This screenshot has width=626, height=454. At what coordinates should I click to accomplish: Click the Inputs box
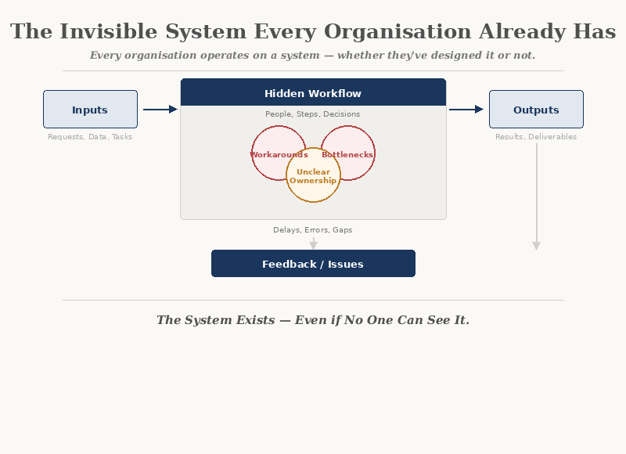tap(90, 110)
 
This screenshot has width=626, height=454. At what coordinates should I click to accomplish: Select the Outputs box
tap(536, 110)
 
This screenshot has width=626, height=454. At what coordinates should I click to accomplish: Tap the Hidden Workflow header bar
tap(313, 93)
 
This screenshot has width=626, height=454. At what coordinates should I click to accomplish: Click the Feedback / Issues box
tap(313, 264)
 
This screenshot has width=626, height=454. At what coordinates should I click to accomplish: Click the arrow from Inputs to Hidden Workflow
tap(160, 110)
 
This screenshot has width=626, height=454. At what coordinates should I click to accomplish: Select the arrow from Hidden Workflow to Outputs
tap(466, 110)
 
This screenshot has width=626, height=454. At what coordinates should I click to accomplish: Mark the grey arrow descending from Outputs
tap(536, 196)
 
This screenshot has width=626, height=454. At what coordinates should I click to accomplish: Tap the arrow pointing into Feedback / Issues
tap(313, 243)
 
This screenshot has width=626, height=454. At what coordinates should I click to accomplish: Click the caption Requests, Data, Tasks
tap(90, 137)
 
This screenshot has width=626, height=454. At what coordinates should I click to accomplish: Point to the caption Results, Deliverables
tap(536, 137)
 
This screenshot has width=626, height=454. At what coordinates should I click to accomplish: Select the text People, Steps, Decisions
tap(313, 114)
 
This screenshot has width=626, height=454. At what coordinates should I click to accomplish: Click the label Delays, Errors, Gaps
tap(313, 230)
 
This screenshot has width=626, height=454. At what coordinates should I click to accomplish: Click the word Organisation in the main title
tap(398, 32)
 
